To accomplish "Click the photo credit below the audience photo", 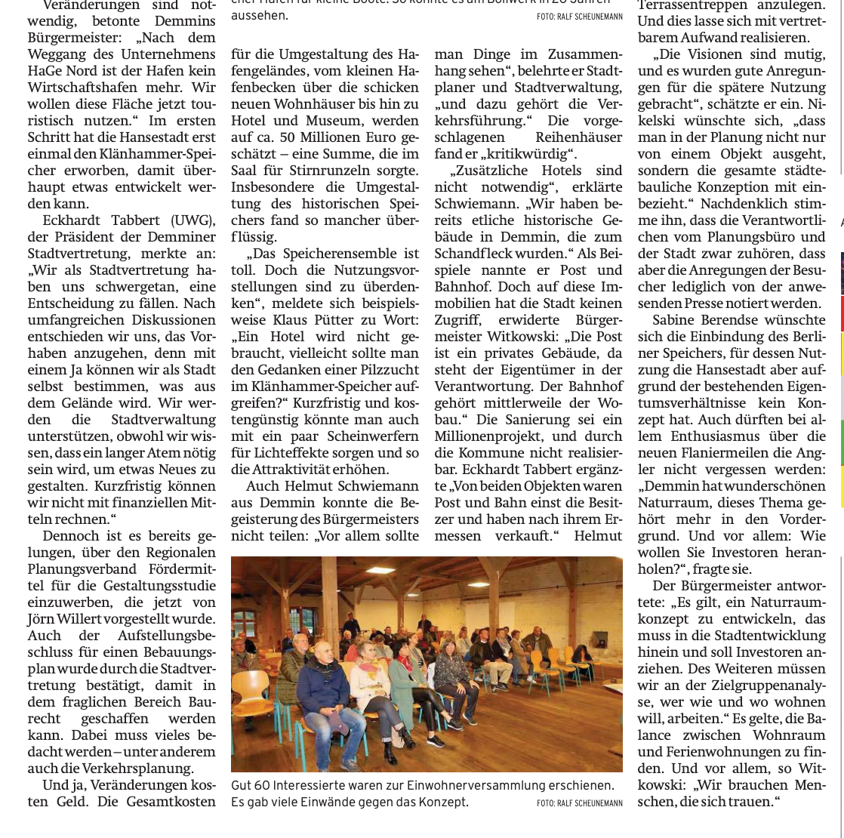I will pos(579,803).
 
